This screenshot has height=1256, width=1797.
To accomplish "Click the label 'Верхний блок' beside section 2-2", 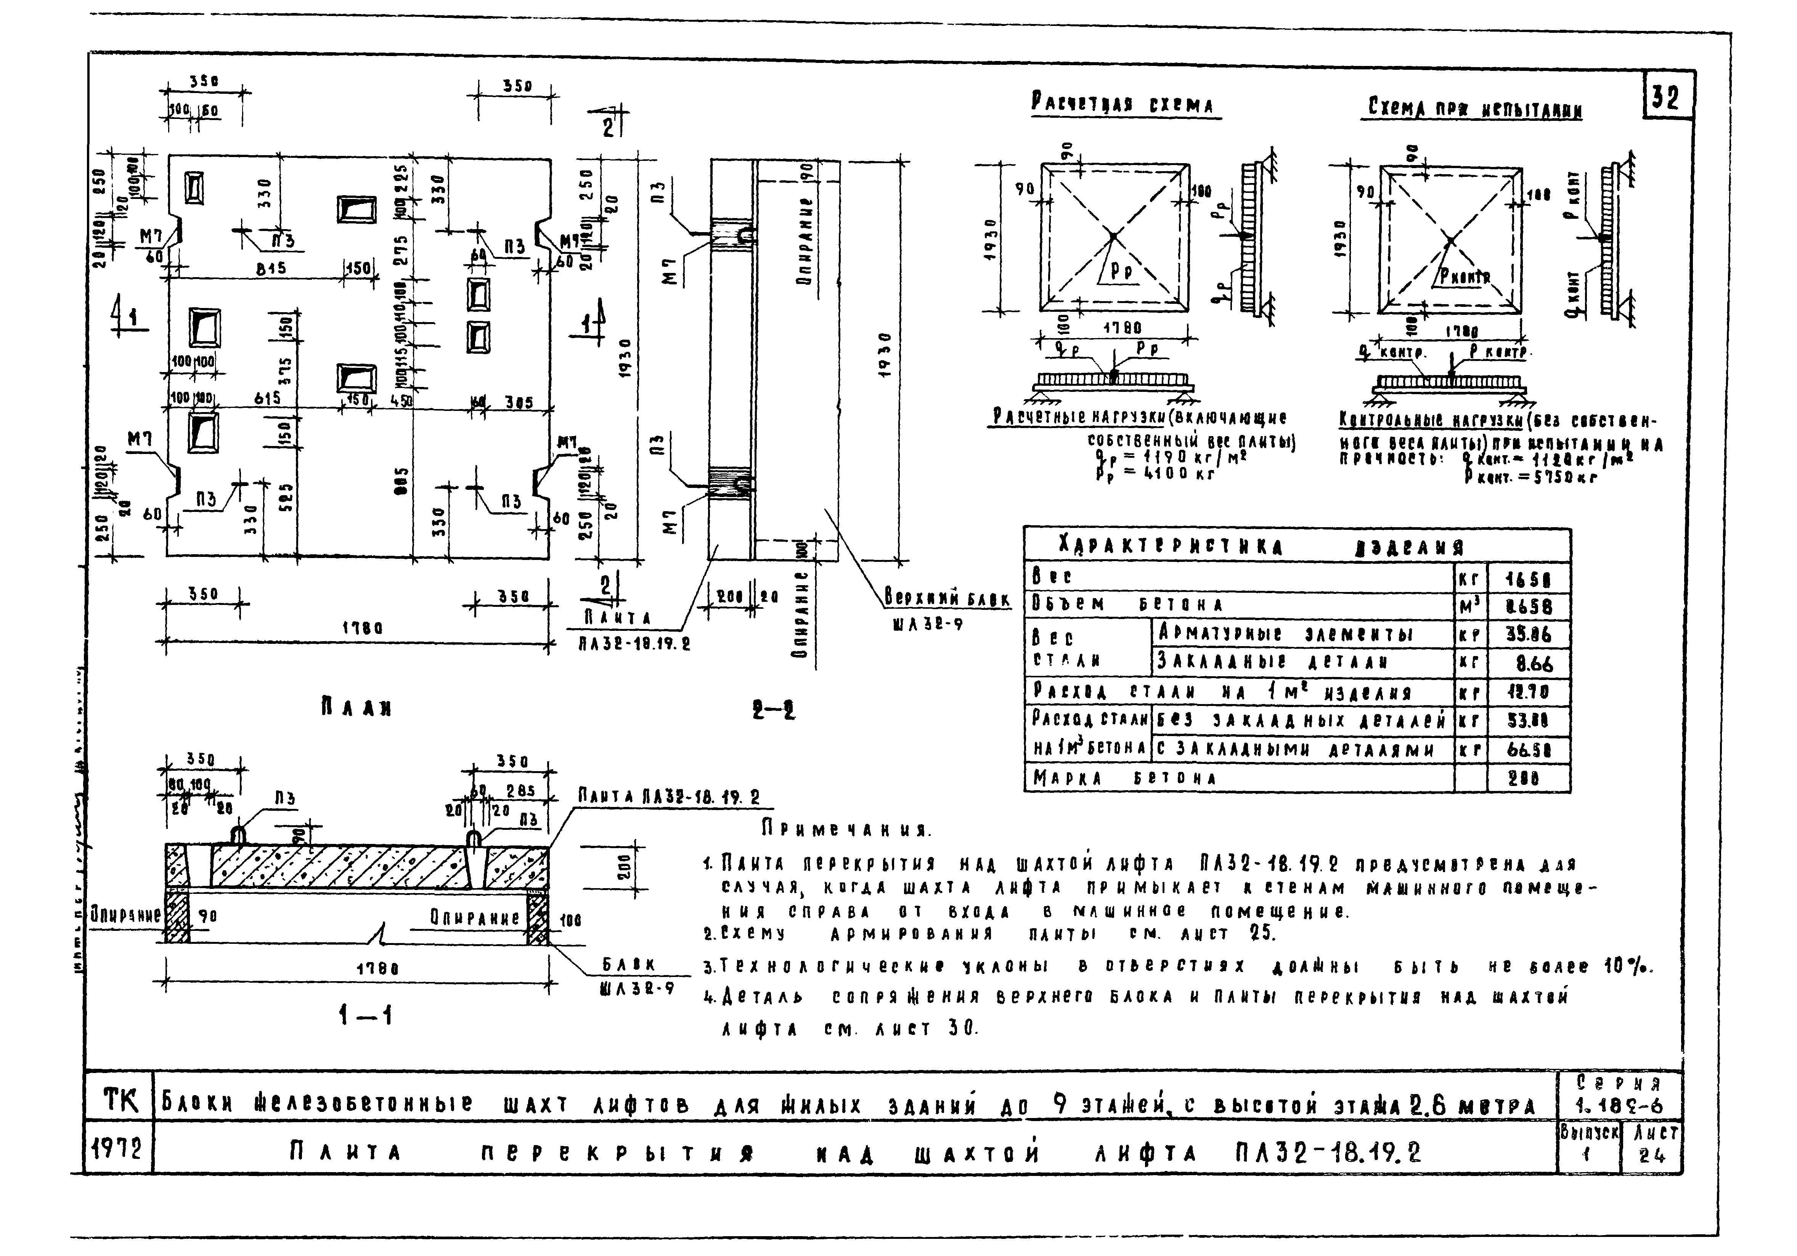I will click(947, 600).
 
